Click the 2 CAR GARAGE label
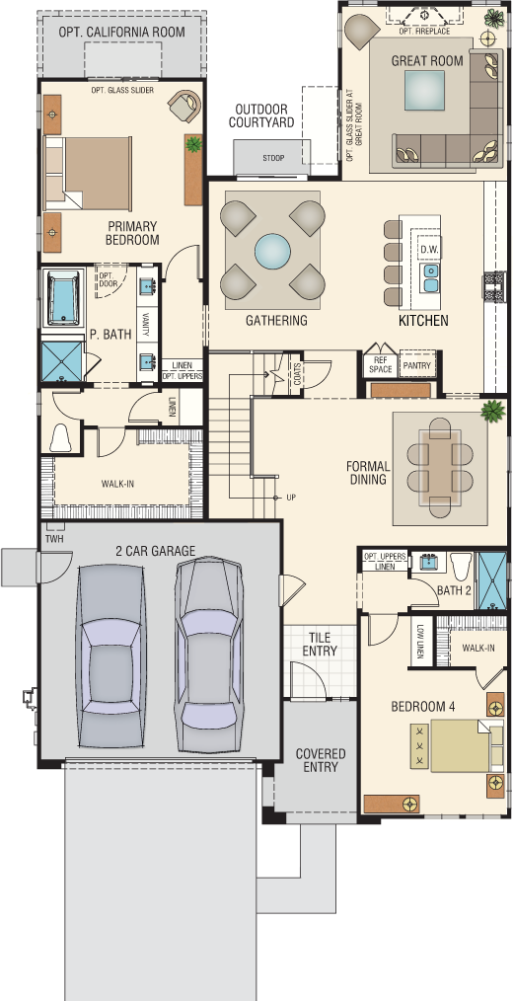pyautogui.click(x=156, y=550)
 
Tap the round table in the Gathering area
pyautogui.click(x=272, y=251)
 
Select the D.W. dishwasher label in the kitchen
pyautogui.click(x=427, y=249)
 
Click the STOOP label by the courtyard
pyautogui.click(x=273, y=158)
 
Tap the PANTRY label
pyautogui.click(x=417, y=366)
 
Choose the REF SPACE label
pyautogui.click(x=380, y=365)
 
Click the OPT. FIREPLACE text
pyautogui.click(x=424, y=31)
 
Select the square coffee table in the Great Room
pyautogui.click(x=423, y=91)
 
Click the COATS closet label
pyautogui.click(x=297, y=373)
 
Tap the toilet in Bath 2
pyautogui.click(x=460, y=566)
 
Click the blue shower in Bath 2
pyautogui.click(x=492, y=579)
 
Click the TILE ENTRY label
pyautogui.click(x=320, y=645)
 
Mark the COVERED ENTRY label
pyautogui.click(x=321, y=760)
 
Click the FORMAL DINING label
pyautogui.click(x=367, y=473)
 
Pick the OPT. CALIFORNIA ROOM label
pyautogui.click(x=122, y=32)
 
